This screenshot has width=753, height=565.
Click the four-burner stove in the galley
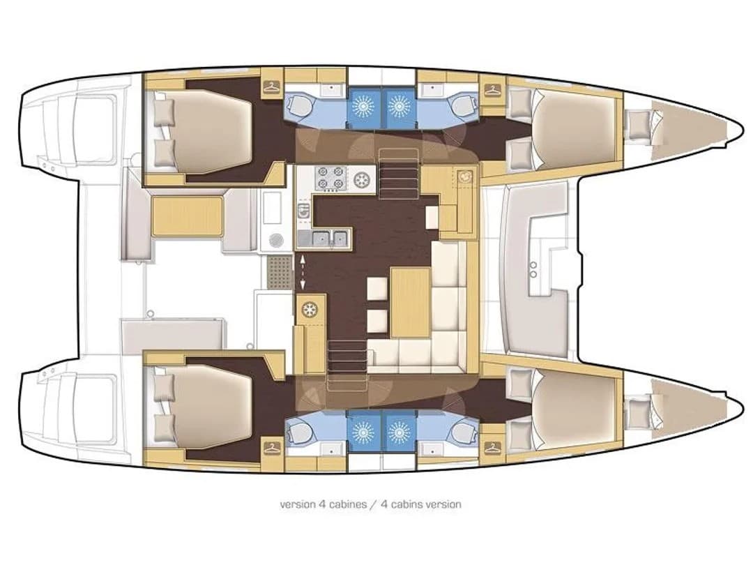pyautogui.click(x=330, y=178)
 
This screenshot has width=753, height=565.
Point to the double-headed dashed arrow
pyautogui.click(x=303, y=272)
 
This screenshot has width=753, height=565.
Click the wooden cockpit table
pyautogui.click(x=187, y=216)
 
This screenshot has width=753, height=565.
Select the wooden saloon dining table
pyautogui.click(x=410, y=303)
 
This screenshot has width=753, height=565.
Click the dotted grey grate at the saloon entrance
pyautogui.click(x=280, y=272)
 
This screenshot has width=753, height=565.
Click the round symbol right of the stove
pyautogui.click(x=362, y=179)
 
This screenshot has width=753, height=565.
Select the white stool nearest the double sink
pyautogui.click(x=376, y=288)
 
